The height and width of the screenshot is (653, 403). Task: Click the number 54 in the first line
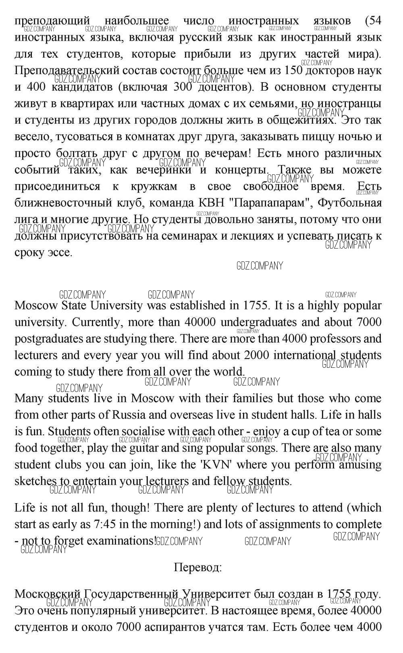tap(374, 21)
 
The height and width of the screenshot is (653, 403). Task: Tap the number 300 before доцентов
tap(186, 87)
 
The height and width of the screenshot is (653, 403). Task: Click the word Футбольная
tap(349, 203)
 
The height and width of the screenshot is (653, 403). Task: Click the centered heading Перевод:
tap(198, 568)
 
